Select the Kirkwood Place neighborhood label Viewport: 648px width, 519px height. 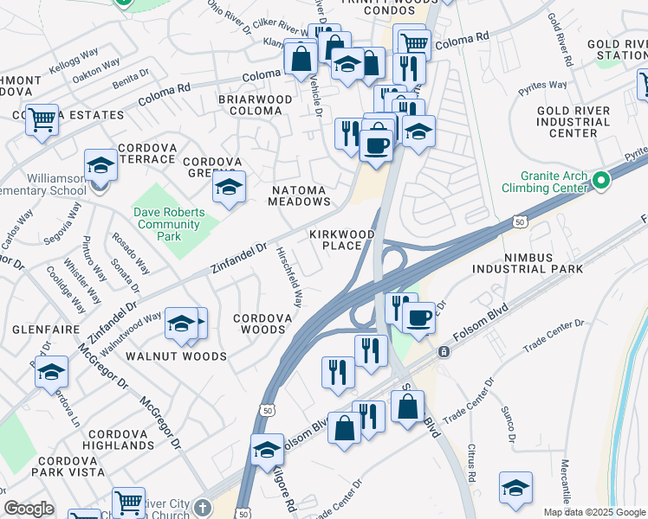point(342,240)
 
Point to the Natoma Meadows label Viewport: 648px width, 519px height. point(301,195)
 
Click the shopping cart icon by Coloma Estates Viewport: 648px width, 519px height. point(42,120)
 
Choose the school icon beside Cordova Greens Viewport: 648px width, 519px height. point(229,188)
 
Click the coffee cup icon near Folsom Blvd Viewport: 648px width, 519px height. point(418,317)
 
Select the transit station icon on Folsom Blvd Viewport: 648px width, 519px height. point(443,352)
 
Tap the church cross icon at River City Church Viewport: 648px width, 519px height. point(202,508)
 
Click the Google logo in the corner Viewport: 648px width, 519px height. point(29,509)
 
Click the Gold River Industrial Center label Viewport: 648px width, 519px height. point(573,122)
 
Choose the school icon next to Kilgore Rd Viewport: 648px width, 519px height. point(268,451)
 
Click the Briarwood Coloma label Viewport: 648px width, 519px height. point(256,105)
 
